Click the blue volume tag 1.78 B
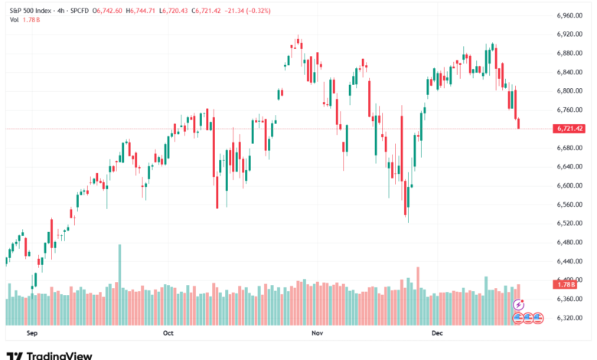pos(567,284)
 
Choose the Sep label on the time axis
pos(31,334)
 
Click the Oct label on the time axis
pos(169,334)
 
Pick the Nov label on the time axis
pos(316,334)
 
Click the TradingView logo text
pos(59,355)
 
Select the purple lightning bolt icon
pos(519,305)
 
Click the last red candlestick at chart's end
pos(518,123)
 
